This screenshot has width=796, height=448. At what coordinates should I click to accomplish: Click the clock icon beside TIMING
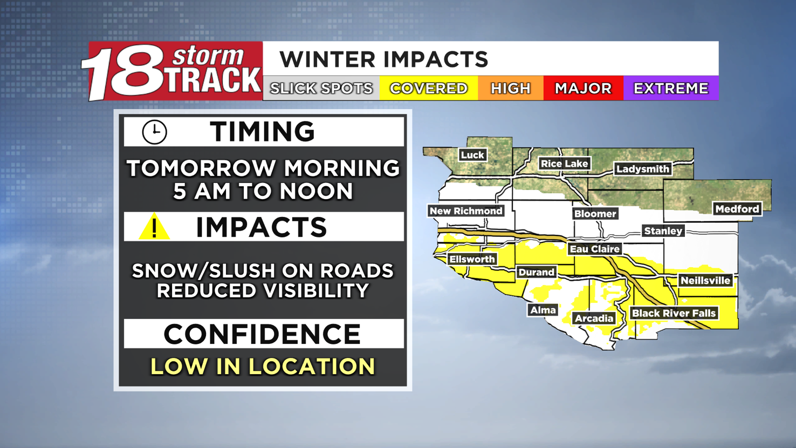tap(154, 132)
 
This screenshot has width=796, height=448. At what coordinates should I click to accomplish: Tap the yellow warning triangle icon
tap(154, 227)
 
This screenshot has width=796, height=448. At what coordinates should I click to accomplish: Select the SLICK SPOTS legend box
tap(321, 89)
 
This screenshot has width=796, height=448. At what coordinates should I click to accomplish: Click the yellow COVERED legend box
tap(429, 89)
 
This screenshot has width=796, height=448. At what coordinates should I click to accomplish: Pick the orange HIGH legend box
tap(511, 89)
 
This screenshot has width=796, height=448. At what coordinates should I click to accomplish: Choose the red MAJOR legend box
tap(583, 89)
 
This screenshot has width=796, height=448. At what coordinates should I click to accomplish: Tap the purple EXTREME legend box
tap(670, 89)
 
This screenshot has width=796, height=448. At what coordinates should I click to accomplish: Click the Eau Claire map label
tap(595, 249)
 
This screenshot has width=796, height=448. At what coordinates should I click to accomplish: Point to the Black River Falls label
tap(674, 313)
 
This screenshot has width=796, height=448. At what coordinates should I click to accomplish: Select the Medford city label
tap(737, 209)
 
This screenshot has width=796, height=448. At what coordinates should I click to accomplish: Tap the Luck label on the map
tap(472, 155)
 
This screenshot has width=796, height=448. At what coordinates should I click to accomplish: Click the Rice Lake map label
tap(564, 164)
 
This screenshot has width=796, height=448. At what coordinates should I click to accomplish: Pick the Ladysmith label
tap(642, 169)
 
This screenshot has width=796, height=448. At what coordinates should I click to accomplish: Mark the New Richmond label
tap(466, 211)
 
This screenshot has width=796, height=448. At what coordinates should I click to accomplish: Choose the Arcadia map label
tap(594, 318)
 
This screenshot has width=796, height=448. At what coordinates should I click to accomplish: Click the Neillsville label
tap(705, 280)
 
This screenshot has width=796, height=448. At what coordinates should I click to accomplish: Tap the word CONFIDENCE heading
tap(262, 334)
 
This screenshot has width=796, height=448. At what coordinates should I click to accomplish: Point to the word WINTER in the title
tap(330, 59)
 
